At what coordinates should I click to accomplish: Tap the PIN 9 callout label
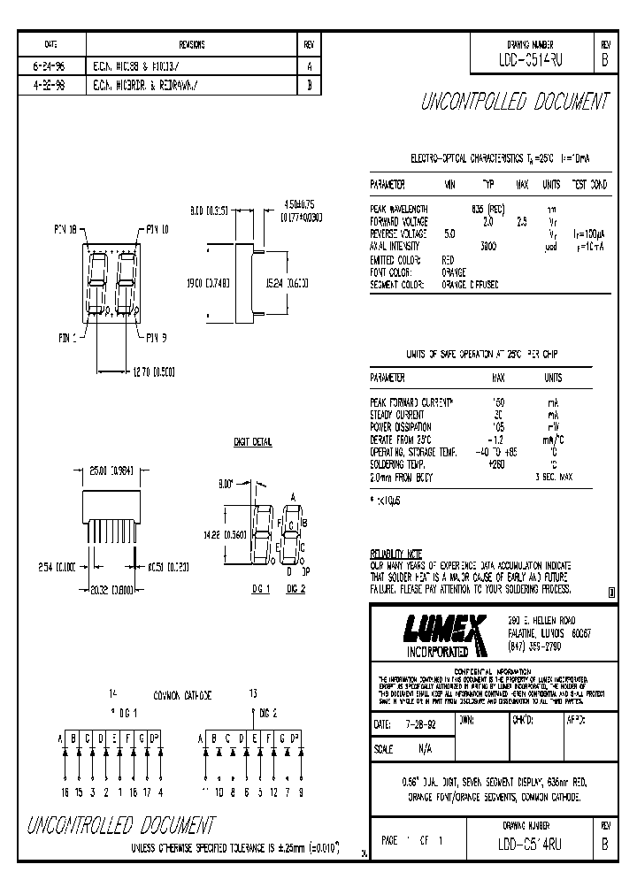[156, 336]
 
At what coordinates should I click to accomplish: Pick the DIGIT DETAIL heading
[253, 441]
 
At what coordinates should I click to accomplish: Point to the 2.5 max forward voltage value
[522, 221]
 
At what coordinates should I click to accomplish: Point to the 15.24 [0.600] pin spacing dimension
[286, 284]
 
